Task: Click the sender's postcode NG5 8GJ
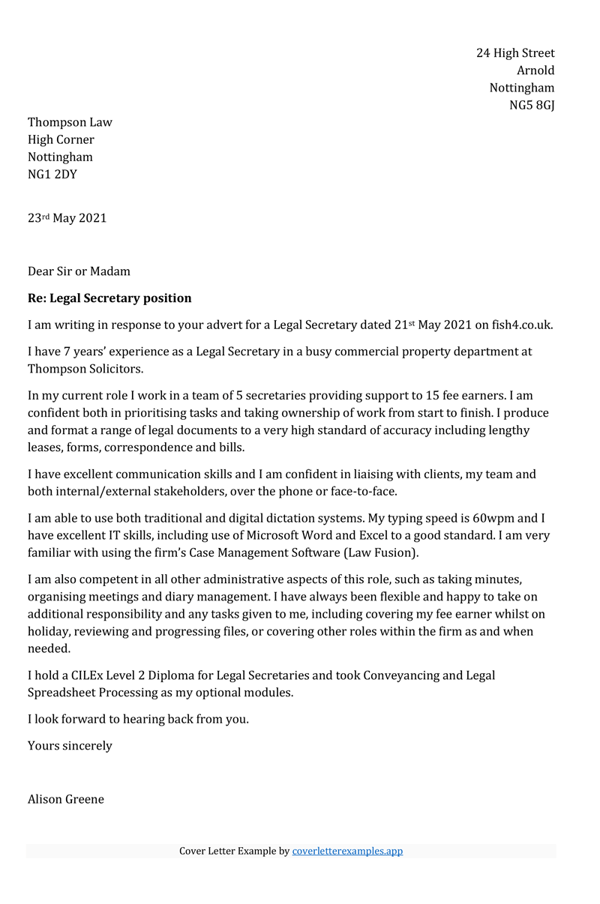(532, 105)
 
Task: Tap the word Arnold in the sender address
(535, 70)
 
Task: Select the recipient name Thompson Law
(70, 122)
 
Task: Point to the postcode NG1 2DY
(52, 175)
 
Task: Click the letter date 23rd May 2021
(67, 218)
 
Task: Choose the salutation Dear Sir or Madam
(79, 271)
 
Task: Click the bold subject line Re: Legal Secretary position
(109, 298)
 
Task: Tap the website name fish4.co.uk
(522, 325)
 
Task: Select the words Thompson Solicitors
(85, 369)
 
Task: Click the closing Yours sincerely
(70, 746)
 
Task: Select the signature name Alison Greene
(66, 799)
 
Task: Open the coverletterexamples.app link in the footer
(347, 852)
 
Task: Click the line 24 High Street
(515, 53)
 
